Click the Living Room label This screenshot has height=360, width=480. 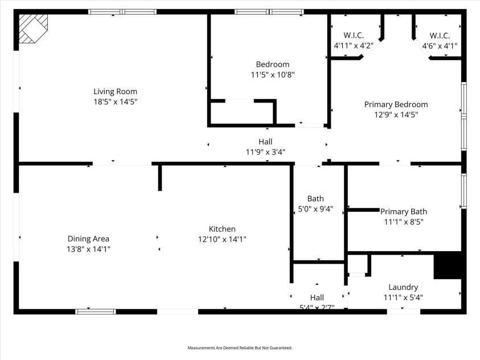click(115, 91)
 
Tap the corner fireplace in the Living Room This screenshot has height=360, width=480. click(32, 28)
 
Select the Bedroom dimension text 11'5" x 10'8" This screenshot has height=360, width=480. click(272, 75)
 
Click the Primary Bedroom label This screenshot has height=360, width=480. click(396, 104)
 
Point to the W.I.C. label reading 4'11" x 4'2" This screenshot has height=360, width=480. click(353, 46)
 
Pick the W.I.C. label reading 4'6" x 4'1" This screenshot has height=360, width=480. click(439, 46)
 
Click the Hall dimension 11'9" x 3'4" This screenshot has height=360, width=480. click(265, 152)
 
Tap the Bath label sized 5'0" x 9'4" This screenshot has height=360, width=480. click(315, 199)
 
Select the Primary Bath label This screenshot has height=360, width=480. click(403, 211)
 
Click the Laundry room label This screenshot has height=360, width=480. click(403, 287)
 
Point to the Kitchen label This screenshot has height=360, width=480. click(221, 229)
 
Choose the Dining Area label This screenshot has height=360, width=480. click(88, 239)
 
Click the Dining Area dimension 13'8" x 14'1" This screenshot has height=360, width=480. click(88, 248)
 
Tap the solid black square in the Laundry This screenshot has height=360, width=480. click(448, 265)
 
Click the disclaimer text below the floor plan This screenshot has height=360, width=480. click(240, 347)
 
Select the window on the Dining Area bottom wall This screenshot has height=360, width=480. click(96, 312)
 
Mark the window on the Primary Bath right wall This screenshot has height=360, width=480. click(463, 191)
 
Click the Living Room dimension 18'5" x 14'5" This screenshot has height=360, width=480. click(115, 101)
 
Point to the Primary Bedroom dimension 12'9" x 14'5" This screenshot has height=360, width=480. click(396, 114)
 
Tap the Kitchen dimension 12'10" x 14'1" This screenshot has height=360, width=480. click(221, 239)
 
